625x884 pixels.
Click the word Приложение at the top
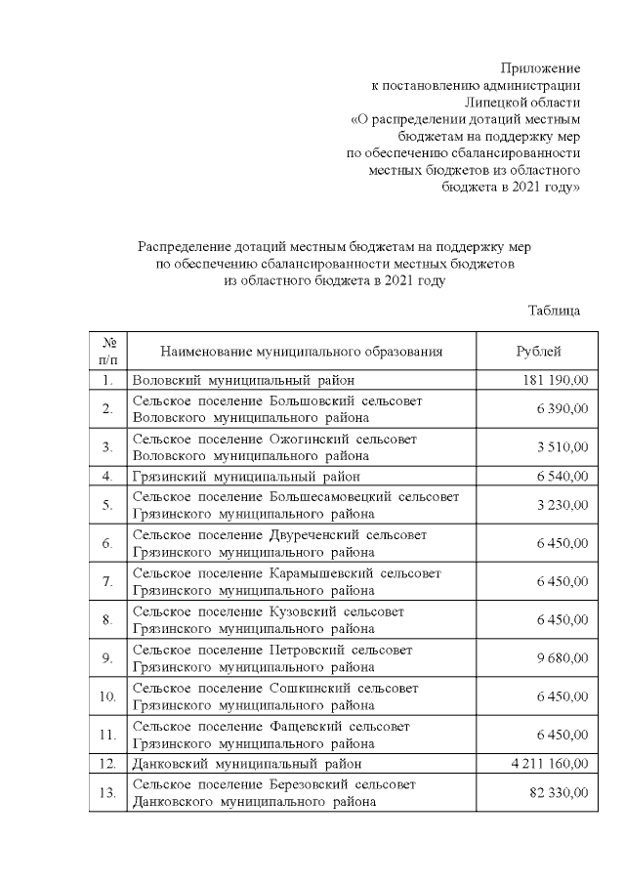coord(540,68)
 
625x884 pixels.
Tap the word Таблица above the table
coord(554,311)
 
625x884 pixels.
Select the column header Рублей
coord(538,352)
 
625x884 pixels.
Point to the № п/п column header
coord(109,352)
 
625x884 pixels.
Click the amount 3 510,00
coord(562,447)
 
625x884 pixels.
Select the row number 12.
coord(108,762)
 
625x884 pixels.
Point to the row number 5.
coord(108,505)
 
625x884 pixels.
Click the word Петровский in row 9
coord(305,650)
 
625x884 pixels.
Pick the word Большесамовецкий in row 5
coord(328,496)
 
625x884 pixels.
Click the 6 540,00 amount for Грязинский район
coord(562,477)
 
